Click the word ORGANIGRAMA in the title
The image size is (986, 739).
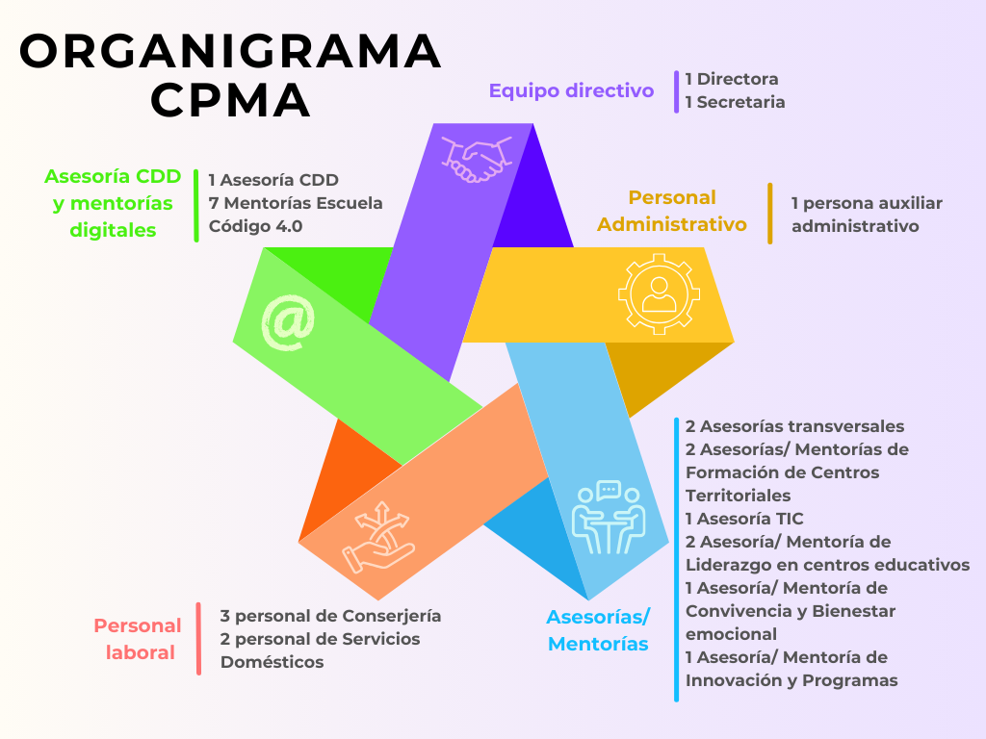pyautogui.click(x=231, y=52)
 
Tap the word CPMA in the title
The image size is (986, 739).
pyautogui.click(x=231, y=100)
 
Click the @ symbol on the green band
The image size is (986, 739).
pyautogui.click(x=288, y=321)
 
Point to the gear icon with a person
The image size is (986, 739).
pyautogui.click(x=659, y=293)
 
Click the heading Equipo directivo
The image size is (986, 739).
pyautogui.click(x=571, y=90)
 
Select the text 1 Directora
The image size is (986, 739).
pyautogui.click(x=732, y=79)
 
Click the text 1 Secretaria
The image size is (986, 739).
pyautogui.click(x=735, y=102)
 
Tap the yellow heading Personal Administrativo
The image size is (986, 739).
pyautogui.click(x=672, y=211)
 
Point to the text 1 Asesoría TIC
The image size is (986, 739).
pyautogui.click(x=744, y=519)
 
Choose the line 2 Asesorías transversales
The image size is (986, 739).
pyautogui.click(x=794, y=426)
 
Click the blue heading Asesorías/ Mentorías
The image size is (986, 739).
pyautogui.click(x=598, y=630)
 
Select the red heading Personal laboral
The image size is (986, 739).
pyautogui.click(x=137, y=639)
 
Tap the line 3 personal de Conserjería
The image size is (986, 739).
pyautogui.click(x=330, y=616)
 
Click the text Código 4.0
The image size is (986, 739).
pyautogui.click(x=255, y=227)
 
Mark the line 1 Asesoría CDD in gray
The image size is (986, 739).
pyautogui.click(x=273, y=180)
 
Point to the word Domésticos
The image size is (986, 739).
pyautogui.click(x=272, y=662)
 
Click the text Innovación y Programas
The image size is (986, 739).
pyautogui.click(x=791, y=680)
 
